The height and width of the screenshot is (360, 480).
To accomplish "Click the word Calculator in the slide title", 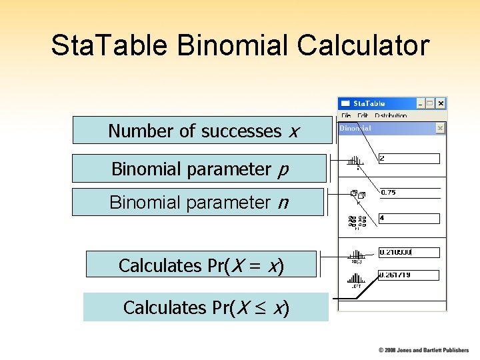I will [363, 46].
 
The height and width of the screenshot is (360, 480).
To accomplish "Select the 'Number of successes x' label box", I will [202, 131].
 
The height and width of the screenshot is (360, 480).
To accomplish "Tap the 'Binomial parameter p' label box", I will [199, 169].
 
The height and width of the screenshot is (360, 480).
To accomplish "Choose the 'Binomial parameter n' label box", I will [197, 202].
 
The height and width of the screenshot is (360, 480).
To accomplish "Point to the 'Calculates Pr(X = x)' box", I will [201, 265].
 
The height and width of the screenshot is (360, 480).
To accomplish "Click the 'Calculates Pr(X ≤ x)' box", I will [205, 307].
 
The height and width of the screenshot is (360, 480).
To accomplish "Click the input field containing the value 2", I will [409, 159].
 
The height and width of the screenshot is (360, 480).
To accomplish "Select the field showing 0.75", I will [409, 193].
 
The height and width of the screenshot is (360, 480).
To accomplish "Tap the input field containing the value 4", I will [409, 219].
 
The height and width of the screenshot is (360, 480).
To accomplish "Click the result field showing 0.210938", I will [409, 253].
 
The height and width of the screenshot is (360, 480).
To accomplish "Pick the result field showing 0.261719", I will [409, 275].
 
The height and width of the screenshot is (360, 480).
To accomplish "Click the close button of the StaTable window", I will [441, 104].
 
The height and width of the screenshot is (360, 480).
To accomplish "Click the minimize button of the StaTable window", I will [420, 104].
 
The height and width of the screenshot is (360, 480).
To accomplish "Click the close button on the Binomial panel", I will [440, 128].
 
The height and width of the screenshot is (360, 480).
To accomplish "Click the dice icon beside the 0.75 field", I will [357, 195].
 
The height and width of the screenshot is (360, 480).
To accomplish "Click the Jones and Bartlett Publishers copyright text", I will [423, 350].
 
